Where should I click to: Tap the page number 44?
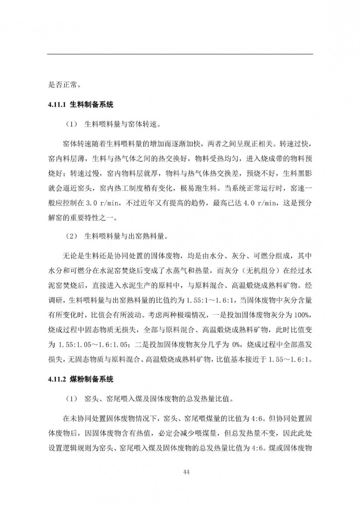[x=186, y=472]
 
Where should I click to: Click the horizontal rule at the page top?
[x=180, y=54]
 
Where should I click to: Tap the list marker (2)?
[x=72, y=237]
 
